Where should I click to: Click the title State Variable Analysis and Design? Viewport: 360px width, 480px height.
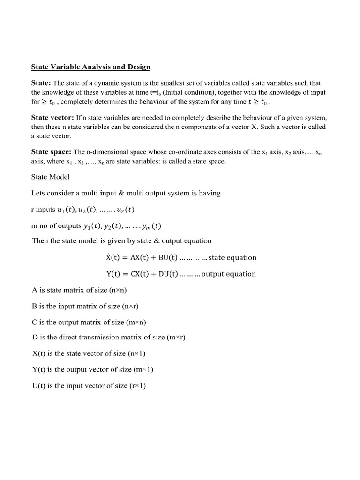point(90,67)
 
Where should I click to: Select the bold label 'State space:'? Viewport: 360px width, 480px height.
point(51,152)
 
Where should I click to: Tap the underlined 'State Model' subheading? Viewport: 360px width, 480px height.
point(51,177)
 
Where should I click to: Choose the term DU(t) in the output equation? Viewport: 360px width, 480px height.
point(165,274)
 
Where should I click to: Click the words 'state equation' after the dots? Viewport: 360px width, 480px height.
point(232,257)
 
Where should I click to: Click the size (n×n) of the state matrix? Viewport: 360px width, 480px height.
point(118,290)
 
